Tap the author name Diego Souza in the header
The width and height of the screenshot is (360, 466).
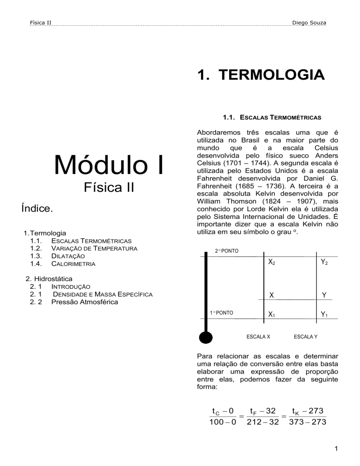pyautogui.click(x=309, y=23)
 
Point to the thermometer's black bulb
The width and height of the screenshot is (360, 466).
pyautogui.click(x=205, y=337)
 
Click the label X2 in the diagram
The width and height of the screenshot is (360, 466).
pyautogui.click(x=271, y=263)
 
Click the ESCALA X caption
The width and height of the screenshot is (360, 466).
pyautogui.click(x=258, y=336)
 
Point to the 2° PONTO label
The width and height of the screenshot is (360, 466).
pyautogui.click(x=226, y=251)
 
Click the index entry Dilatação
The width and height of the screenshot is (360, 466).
pyautogui.click(x=67, y=256)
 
